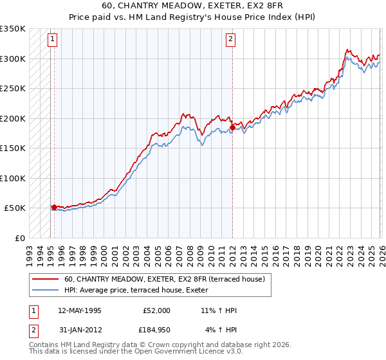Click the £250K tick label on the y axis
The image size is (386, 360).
(x=13, y=89)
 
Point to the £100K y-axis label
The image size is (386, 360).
(x=13, y=178)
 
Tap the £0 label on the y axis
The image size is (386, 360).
(x=20, y=238)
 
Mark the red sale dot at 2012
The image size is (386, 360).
(x=232, y=127)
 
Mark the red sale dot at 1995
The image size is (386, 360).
(x=54, y=207)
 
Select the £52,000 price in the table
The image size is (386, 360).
(x=156, y=310)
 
